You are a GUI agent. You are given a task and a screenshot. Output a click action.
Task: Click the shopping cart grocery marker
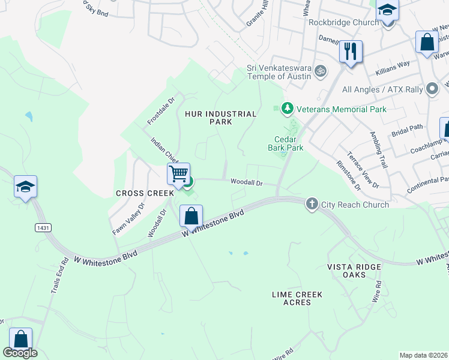[178, 174]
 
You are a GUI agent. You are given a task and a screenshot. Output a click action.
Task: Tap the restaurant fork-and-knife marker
[351, 52]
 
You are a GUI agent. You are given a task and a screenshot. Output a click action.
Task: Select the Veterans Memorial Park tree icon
[288, 109]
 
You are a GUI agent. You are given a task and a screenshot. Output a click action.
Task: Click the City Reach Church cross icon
[312, 204]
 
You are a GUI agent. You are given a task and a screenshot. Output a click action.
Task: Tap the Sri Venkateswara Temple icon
[321, 71]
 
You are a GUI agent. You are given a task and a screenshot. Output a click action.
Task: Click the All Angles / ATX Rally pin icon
[432, 89]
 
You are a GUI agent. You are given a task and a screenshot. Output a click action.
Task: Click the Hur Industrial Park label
[212, 118]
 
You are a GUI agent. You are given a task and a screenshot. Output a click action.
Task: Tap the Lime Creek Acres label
[297, 298]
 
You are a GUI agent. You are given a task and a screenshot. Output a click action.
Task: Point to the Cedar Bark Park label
[285, 143]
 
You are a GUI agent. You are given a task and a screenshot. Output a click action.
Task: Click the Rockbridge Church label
[343, 22]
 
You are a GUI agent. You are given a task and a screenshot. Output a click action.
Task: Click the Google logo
[20, 353]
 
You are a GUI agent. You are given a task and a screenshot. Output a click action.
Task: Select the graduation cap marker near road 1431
[26, 187]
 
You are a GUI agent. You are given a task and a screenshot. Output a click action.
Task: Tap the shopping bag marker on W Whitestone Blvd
[191, 216]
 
